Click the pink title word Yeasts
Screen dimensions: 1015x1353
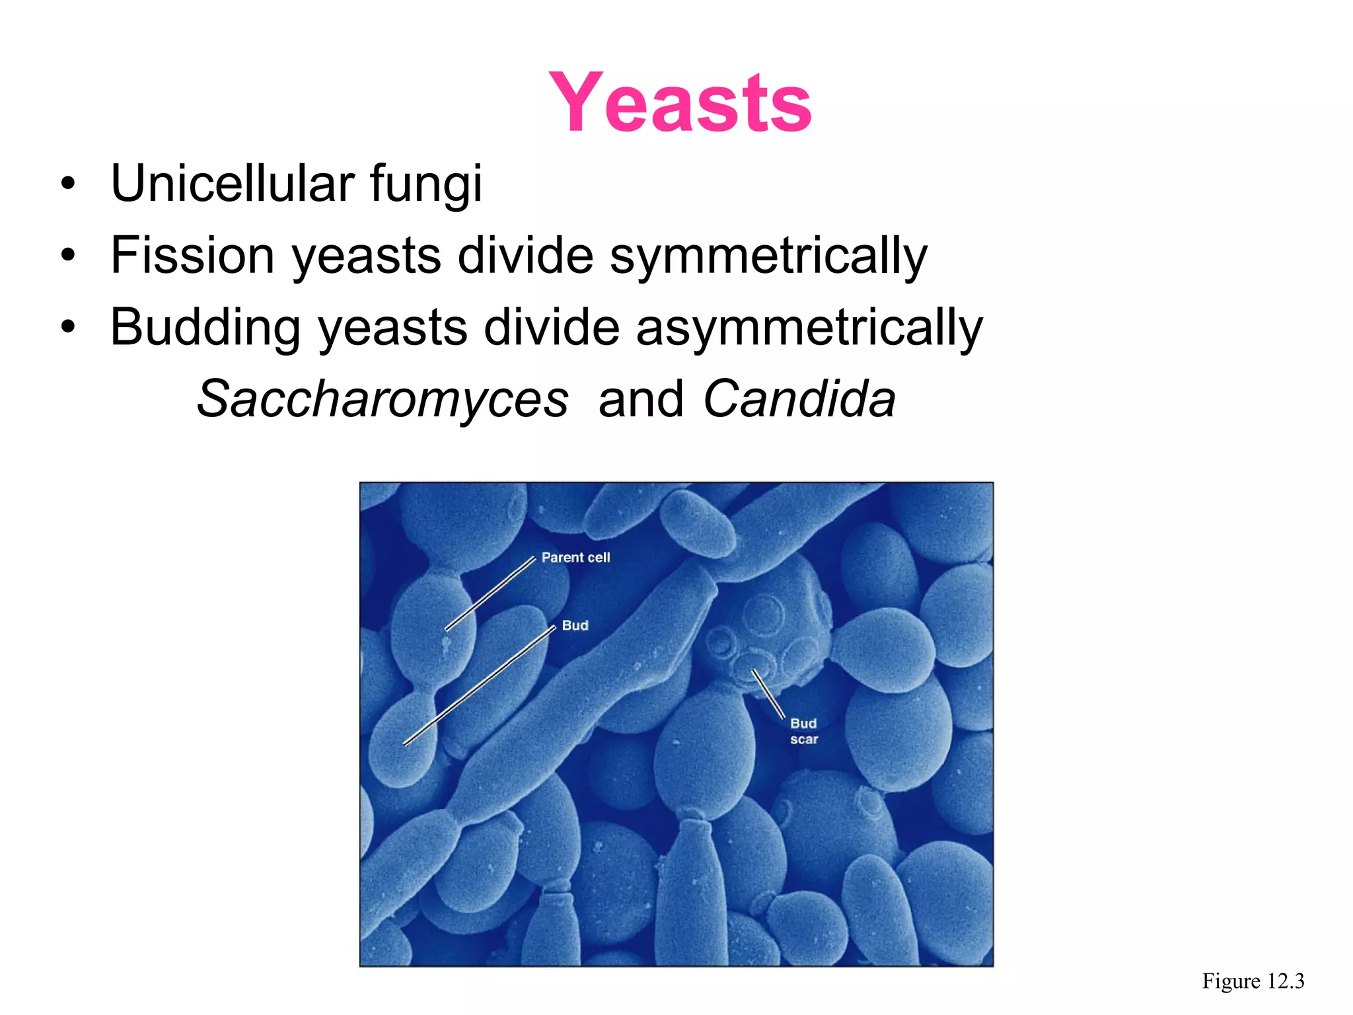[680, 103]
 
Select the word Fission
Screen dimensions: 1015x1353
[192, 255]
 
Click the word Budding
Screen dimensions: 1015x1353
[205, 328]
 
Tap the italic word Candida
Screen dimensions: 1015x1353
[799, 399]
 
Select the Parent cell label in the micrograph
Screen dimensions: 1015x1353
[575, 558]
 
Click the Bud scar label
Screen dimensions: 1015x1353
[804, 732]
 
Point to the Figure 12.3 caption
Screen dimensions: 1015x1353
[1253, 981]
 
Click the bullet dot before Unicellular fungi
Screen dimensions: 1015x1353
[68, 184]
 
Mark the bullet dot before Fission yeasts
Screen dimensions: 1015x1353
[68, 256]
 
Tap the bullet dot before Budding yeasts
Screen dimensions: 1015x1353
[68, 328]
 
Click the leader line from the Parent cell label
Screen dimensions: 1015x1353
[490, 594]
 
